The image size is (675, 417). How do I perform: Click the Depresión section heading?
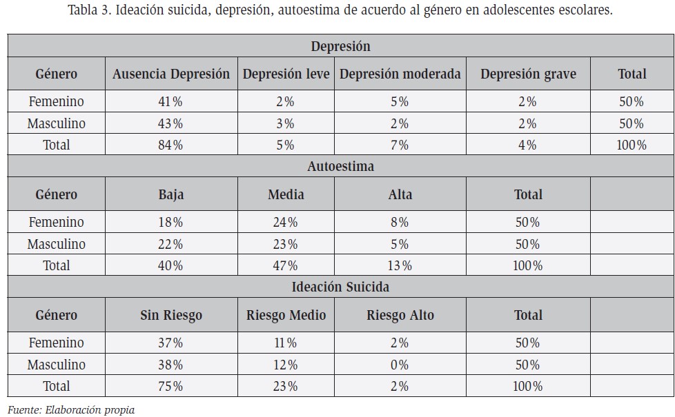(340, 46)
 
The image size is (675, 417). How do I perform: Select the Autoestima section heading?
(340, 166)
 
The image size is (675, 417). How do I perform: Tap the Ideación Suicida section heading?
(340, 287)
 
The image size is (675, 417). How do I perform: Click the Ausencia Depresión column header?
(171, 74)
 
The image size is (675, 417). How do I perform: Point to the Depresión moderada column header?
(400, 74)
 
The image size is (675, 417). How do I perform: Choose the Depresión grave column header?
(528, 74)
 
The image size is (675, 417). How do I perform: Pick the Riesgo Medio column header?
(286, 315)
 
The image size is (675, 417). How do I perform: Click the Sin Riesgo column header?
(171, 315)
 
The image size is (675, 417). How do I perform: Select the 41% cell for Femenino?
(170, 101)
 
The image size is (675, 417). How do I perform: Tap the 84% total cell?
(170, 145)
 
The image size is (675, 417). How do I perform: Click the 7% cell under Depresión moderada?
(400, 145)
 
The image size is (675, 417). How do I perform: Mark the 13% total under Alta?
(400, 265)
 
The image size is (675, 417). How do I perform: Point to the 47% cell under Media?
(286, 265)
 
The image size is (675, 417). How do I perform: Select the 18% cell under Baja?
(170, 222)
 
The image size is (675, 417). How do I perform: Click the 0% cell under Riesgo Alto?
(400, 365)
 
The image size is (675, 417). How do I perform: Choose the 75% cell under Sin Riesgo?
(170, 386)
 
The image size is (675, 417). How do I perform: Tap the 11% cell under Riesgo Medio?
(286, 343)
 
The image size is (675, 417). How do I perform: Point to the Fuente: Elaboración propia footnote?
(71, 410)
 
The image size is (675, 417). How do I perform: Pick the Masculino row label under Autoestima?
(57, 244)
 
